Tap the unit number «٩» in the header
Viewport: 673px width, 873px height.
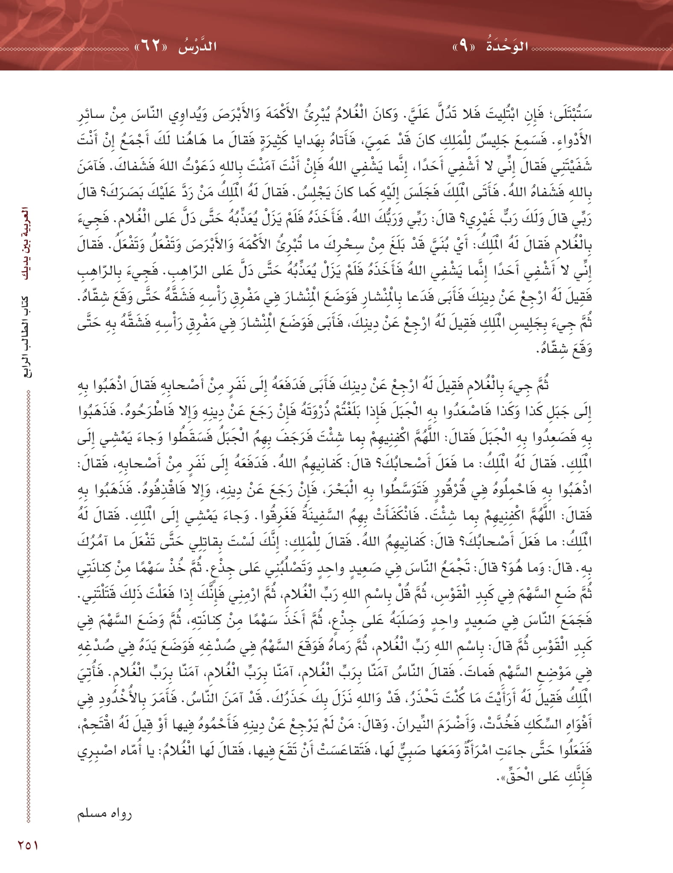[x=464, y=46]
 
